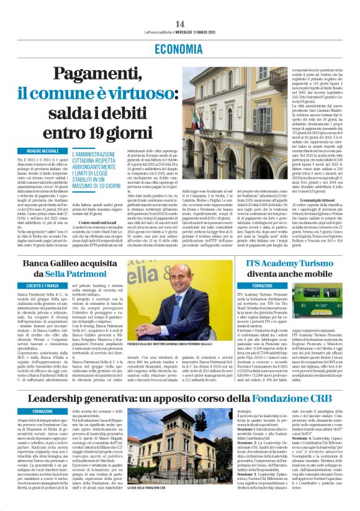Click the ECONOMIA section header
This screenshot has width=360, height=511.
180,48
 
